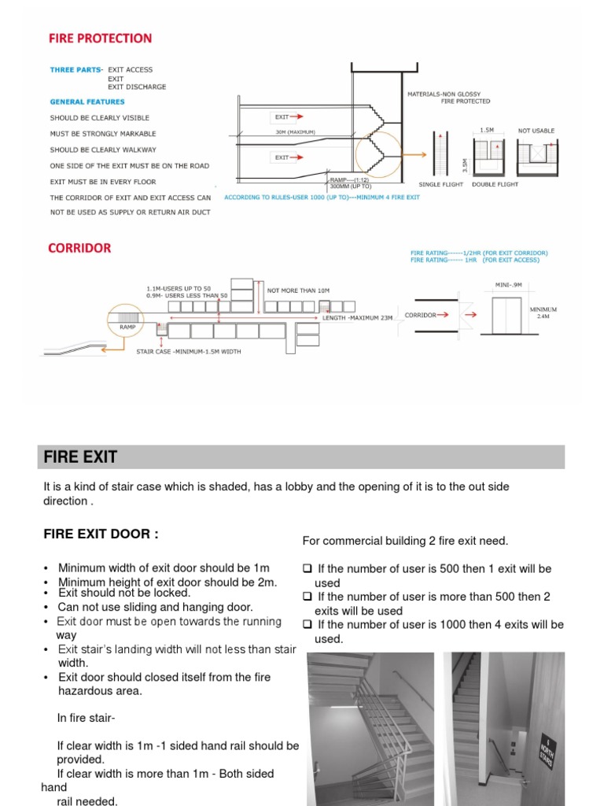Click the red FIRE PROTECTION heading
point(100,38)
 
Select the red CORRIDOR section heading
point(79,248)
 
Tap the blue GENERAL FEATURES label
point(87,102)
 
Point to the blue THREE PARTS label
point(75,70)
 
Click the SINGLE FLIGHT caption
point(440,184)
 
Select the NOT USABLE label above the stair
point(536,131)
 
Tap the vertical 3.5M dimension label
point(464,164)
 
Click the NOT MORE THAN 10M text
point(298,290)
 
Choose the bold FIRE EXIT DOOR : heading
point(101,534)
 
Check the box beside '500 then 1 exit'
point(308,569)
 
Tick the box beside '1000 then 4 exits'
point(308,625)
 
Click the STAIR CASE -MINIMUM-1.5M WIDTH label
point(189,351)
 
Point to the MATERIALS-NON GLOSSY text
point(448,94)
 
